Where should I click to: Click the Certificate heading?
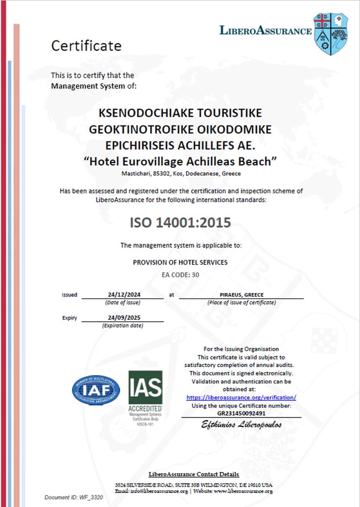(86, 45)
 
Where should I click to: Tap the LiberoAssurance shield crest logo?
(331, 34)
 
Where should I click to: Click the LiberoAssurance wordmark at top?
(265, 30)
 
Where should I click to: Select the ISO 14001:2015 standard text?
(180, 223)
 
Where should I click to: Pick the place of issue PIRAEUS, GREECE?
(241, 295)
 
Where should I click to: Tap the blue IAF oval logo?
(96, 390)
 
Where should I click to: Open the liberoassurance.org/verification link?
(241, 397)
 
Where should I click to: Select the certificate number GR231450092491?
(241, 413)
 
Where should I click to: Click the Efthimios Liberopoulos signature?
(241, 425)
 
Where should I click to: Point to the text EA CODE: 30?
(180, 275)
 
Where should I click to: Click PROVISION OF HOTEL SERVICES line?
(180, 262)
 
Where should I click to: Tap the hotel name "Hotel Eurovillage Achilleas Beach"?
(180, 161)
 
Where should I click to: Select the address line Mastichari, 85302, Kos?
(181, 173)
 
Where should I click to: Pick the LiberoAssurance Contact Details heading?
(194, 474)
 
